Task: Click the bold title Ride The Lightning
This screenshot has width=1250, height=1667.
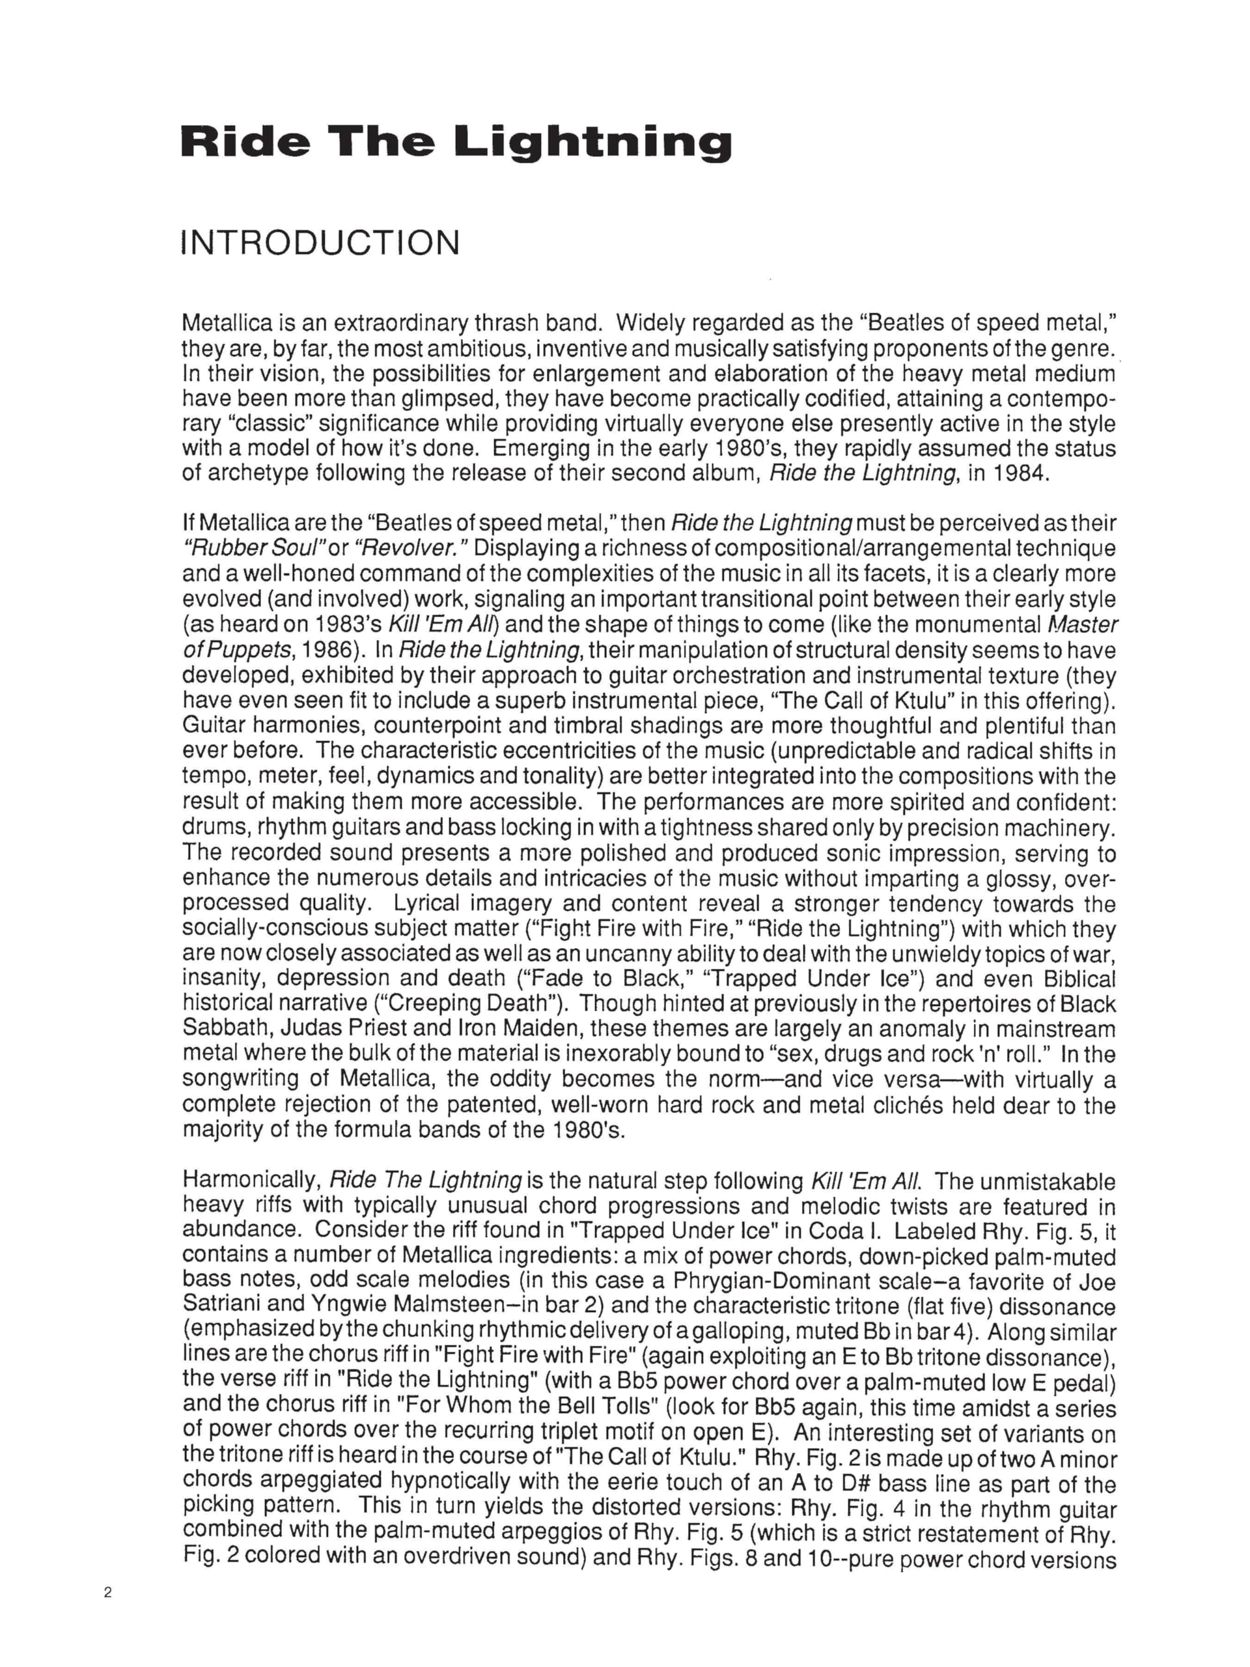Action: (456, 143)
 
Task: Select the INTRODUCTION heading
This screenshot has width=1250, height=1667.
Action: (320, 244)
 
